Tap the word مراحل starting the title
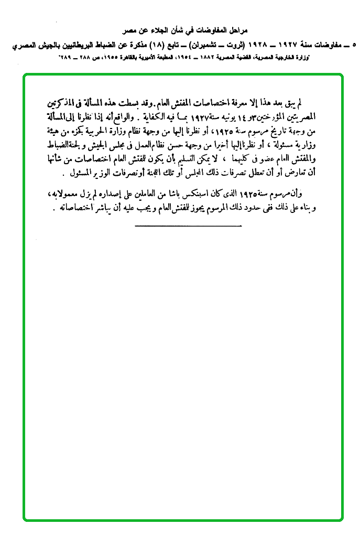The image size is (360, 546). click(235, 31)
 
